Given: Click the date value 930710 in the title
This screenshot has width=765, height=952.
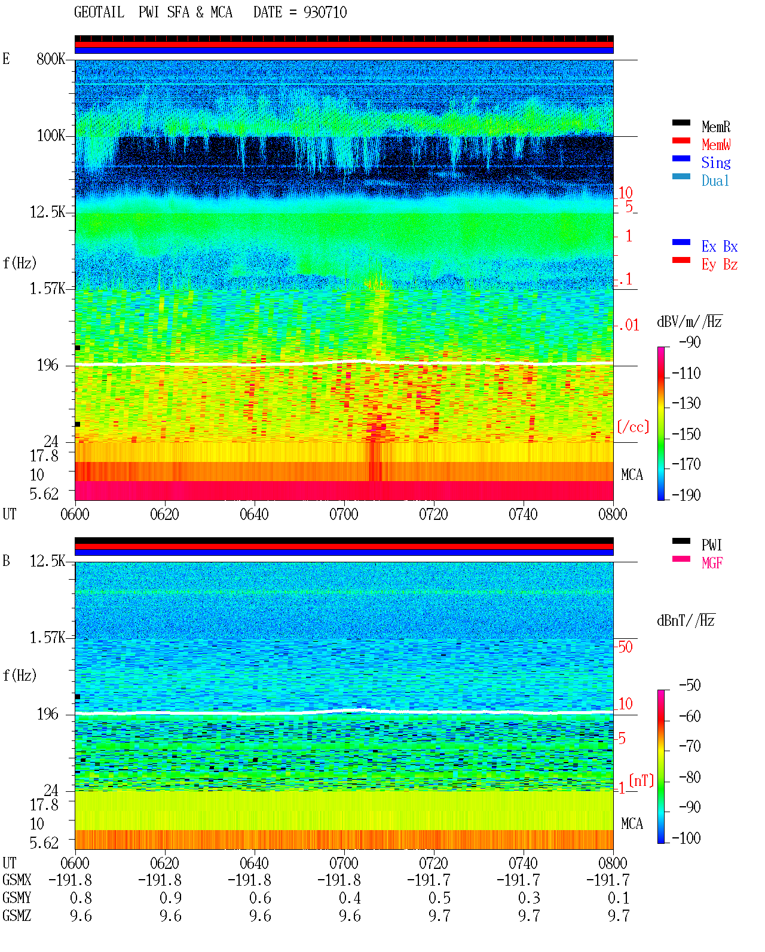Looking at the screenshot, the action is (x=325, y=13).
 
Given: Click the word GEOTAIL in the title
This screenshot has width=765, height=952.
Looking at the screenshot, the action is (x=99, y=13).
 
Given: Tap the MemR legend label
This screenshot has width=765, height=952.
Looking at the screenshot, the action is (x=715, y=127).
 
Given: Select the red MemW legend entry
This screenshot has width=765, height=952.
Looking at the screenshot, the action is (x=715, y=145).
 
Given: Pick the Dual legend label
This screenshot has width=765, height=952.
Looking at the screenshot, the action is (x=715, y=180).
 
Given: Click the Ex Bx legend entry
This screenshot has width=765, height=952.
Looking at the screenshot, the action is (x=719, y=246).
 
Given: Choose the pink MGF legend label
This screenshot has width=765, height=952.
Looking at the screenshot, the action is (x=712, y=563).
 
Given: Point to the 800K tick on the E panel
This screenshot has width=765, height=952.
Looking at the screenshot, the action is (x=50, y=59).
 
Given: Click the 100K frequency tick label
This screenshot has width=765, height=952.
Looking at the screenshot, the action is (x=50, y=136).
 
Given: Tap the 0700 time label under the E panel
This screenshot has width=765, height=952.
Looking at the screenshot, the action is (x=344, y=515).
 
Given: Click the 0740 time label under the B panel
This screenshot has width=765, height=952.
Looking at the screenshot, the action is (x=523, y=863).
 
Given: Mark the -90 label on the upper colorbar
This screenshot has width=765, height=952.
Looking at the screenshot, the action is (x=690, y=342).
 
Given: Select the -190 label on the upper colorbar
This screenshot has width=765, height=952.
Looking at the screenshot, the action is (x=686, y=495).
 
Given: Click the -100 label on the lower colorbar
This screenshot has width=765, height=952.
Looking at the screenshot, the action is (x=686, y=838).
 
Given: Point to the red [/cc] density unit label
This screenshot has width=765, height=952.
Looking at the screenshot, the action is (x=633, y=427).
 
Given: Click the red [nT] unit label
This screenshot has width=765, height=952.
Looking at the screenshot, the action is (x=641, y=781).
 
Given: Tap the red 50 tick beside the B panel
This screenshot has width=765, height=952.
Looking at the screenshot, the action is (x=625, y=647).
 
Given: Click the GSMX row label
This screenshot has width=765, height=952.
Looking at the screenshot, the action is (x=17, y=880).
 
